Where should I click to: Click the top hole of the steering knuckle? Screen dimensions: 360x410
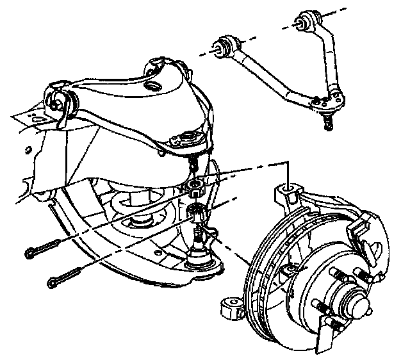286,188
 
